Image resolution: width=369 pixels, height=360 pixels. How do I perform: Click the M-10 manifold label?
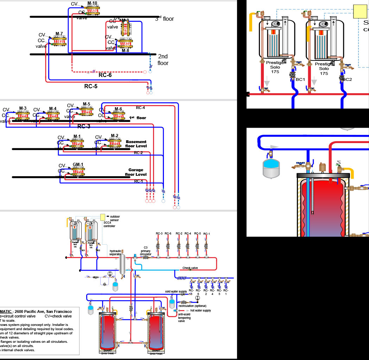tap(92, 3)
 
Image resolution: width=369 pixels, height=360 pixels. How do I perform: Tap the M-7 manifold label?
tap(59, 34)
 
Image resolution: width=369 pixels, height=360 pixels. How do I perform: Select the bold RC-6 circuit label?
tap(106, 75)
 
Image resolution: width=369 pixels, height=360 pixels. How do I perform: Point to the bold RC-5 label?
tap(91, 86)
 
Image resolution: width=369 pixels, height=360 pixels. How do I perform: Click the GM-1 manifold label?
tap(78, 164)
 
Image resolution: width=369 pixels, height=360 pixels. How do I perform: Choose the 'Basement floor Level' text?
tap(136, 144)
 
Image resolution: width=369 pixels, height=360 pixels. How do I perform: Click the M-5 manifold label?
tap(87, 104)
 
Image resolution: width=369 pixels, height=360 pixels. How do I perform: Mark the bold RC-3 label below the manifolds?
tap(84, 126)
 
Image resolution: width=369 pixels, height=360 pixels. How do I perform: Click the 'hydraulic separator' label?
tap(115, 252)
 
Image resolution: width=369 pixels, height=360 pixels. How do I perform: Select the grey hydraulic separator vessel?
tap(123, 264)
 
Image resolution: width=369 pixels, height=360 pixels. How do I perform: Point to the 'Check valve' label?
tap(190, 268)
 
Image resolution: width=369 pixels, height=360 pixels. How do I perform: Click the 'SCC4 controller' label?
tap(109, 224)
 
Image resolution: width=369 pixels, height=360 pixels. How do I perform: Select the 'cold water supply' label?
tap(176, 291)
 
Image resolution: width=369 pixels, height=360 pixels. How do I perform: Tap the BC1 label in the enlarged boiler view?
tap(300, 79)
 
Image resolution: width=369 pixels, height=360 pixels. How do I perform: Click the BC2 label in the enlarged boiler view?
tap(347, 79)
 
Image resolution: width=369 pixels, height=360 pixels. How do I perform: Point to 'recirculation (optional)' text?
tap(192, 306)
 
